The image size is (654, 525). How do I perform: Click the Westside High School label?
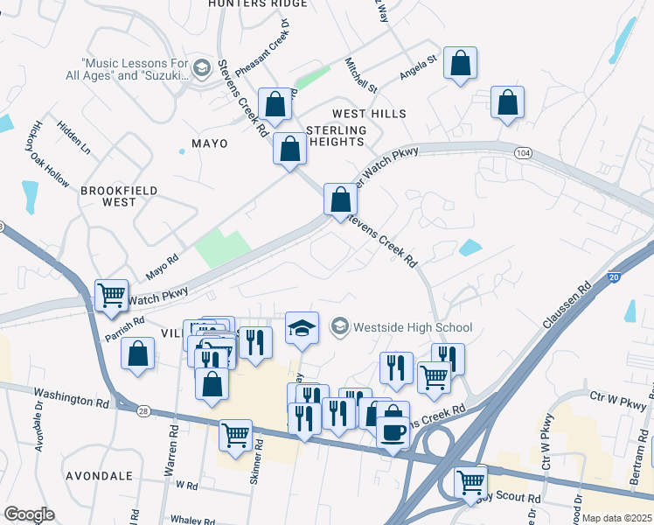coord(413,328)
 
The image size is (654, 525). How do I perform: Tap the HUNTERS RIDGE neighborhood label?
coord(257,3)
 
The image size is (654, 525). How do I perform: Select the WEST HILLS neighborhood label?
coord(369,115)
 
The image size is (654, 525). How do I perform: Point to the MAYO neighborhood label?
coord(208,143)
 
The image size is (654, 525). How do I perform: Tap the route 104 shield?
coord(523,153)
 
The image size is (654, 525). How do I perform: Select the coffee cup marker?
coord(392,432)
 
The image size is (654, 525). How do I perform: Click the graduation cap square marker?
coord(303,329)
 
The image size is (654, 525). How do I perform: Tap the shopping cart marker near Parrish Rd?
coord(111,296)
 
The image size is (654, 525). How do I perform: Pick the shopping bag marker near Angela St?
coord(460,63)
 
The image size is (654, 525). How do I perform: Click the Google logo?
coord(28,514)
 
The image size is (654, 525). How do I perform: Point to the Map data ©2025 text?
coord(616,518)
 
